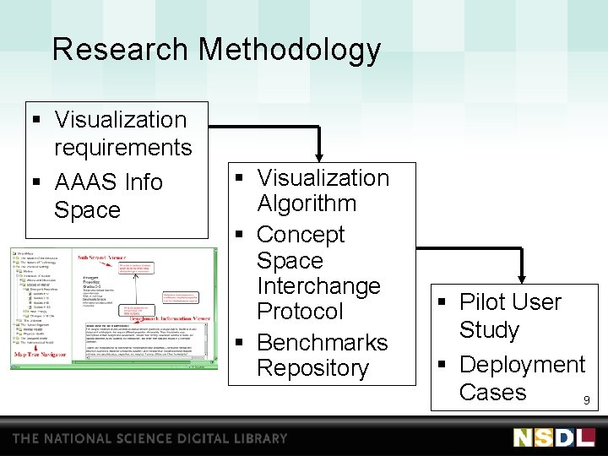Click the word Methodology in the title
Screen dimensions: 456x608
pos(290,51)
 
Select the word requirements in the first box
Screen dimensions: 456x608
pos(122,148)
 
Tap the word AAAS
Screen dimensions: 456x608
pos(85,182)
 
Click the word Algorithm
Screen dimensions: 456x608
pos(307,204)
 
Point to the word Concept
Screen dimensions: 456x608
pos(301,234)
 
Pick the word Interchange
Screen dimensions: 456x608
pos(318,285)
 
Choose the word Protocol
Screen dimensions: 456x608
pos(300,311)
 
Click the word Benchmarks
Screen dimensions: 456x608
pos(322,343)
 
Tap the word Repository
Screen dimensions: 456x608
pos(312,368)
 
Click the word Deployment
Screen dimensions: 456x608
pos(522,365)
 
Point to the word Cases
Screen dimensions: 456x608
pos(492,392)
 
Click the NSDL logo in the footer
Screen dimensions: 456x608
pos(554,437)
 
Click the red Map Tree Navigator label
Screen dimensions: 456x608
pos(41,355)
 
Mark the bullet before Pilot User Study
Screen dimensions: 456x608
pos(443,302)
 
